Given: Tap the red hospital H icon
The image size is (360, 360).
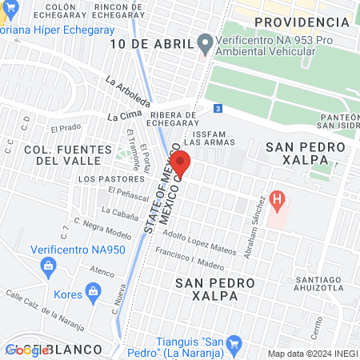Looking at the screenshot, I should coord(278,198).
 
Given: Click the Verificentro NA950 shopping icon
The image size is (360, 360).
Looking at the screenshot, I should coord(50,265).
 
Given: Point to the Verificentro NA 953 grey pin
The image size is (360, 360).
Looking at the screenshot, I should coord(205,42).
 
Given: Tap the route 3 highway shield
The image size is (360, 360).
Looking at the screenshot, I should coord(218,107).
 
